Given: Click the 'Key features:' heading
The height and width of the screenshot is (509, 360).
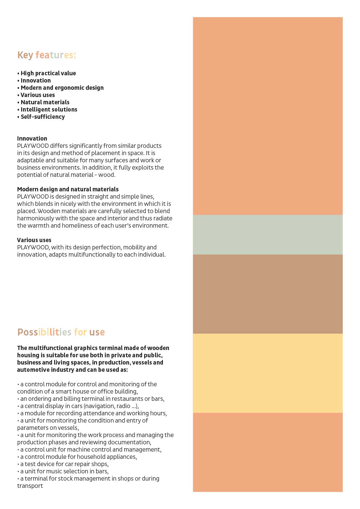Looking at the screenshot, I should pos(47,55).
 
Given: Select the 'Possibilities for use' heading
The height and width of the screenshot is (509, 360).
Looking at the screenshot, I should pos(61,332).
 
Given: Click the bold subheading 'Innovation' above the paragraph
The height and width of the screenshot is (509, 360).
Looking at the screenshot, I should pos(32,138).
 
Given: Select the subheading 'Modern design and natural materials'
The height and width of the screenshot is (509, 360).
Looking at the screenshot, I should pos(68,189).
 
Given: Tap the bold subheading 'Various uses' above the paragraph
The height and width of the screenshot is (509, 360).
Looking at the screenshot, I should pos(34,240).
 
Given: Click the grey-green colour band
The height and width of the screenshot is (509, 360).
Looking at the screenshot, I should pos(268,235).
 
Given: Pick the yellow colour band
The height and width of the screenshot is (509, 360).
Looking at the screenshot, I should pos(268,373).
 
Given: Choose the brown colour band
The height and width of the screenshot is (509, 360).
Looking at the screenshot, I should pos(268,294).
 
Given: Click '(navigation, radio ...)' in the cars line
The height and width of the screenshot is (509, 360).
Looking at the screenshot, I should pos(111,406).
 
